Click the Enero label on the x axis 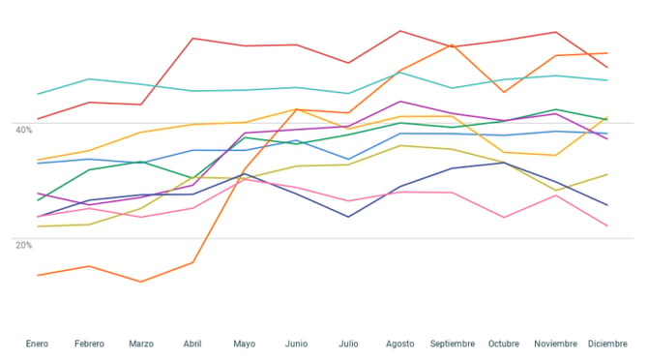tap(37, 344)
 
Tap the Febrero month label tap(89, 344)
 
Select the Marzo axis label tap(141, 344)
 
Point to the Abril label tap(192, 344)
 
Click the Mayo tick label tap(245, 344)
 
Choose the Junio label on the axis tap(296, 344)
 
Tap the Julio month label tap(348, 344)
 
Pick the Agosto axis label tap(400, 344)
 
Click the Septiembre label tap(453, 344)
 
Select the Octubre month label tap(504, 344)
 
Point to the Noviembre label tap(555, 344)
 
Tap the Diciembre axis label tap(607, 344)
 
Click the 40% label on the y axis tap(23, 130)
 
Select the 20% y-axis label tap(23, 245)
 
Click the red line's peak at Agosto tap(400, 31)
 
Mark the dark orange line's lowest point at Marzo tap(141, 282)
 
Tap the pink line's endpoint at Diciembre tap(607, 225)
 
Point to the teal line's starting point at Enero tap(38, 94)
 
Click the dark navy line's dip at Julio tap(348, 217)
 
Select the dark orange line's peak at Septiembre tap(452, 45)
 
